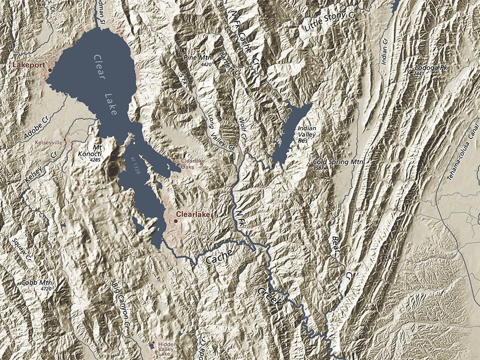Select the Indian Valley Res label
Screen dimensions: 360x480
pos(307,134)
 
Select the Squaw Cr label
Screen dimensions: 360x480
pos(21,250)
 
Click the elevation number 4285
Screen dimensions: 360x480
pos(95,160)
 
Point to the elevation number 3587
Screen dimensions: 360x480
pos(319,168)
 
